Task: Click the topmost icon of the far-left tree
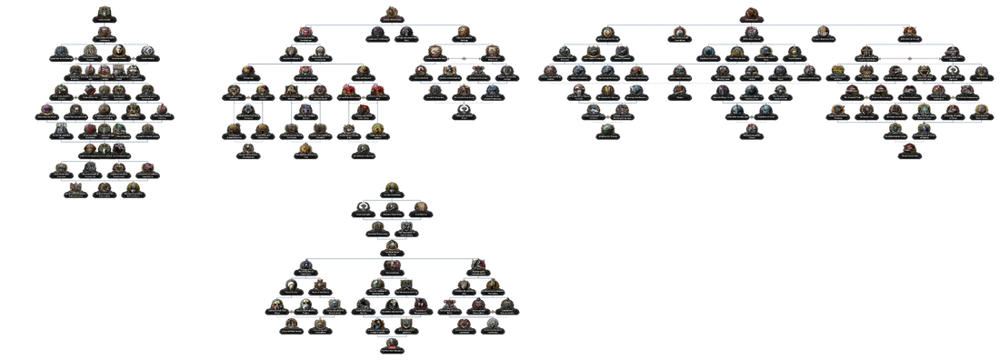point(103,14)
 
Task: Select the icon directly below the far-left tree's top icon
point(103,31)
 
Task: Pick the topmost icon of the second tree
point(391,11)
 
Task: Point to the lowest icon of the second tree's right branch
point(464,109)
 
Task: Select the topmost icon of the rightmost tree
point(749,12)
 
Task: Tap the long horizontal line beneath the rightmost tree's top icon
point(749,25)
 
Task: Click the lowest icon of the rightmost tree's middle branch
point(749,127)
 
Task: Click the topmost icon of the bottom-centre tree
point(391,185)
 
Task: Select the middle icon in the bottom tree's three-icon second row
point(391,206)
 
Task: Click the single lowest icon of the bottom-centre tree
point(391,343)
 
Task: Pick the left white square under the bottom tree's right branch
point(462,338)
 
